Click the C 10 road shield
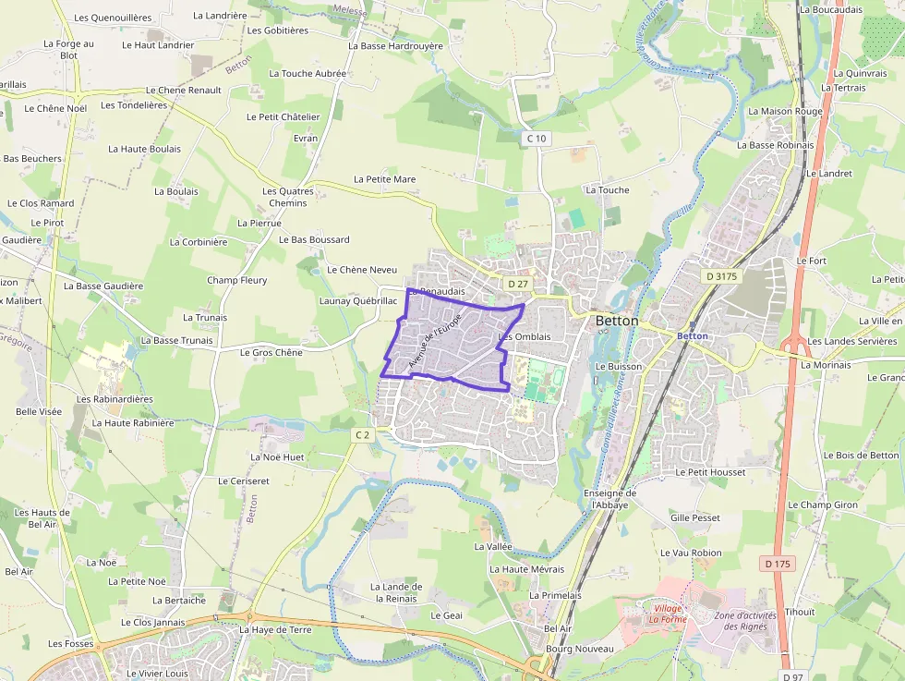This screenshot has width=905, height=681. pyautogui.click(x=537, y=139)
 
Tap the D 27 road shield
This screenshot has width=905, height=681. pyautogui.click(x=517, y=284)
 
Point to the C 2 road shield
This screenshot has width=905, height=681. pyautogui.click(x=362, y=434)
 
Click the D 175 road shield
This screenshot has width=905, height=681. pyautogui.click(x=778, y=563)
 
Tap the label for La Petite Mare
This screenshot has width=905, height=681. pyautogui.click(x=384, y=179)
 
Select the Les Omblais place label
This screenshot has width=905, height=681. pyautogui.click(x=524, y=336)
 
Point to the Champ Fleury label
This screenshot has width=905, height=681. pyautogui.click(x=236, y=280)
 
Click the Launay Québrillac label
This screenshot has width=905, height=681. pyautogui.click(x=357, y=300)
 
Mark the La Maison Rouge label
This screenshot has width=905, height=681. pyautogui.click(x=785, y=112)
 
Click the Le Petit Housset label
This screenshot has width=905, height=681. pyautogui.click(x=710, y=472)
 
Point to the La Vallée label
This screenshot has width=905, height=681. pyautogui.click(x=492, y=546)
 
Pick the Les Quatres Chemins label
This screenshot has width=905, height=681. pyautogui.click(x=288, y=197)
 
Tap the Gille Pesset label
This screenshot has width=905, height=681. pyautogui.click(x=694, y=518)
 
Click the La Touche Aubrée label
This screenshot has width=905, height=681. pyautogui.click(x=308, y=73)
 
